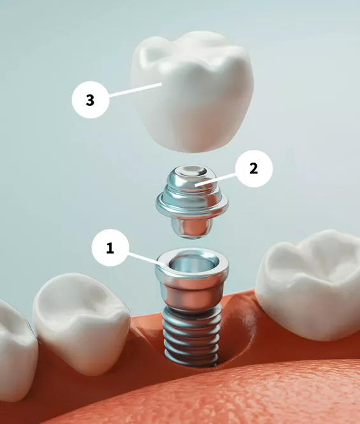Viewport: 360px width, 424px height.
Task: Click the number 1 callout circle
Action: pyautogui.click(x=110, y=248)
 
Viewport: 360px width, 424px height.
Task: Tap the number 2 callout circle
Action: pyautogui.click(x=253, y=168)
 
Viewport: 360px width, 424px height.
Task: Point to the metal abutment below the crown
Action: pyautogui.click(x=192, y=198)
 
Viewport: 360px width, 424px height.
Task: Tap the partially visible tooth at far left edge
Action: pyautogui.click(x=14, y=344)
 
